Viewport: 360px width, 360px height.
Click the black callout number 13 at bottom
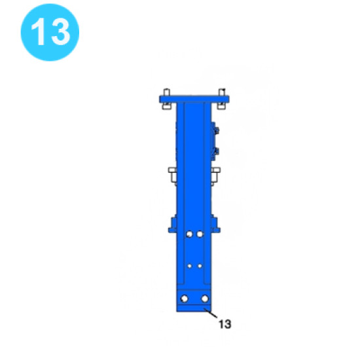tap(225, 323)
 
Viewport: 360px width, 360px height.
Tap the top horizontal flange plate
tap(193, 99)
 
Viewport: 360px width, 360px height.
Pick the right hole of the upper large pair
tap(200, 234)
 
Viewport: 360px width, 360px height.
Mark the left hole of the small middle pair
tap(189, 266)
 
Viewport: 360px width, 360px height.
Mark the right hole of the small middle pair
tap(199, 266)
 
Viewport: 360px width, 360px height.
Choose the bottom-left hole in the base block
tap(184, 298)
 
